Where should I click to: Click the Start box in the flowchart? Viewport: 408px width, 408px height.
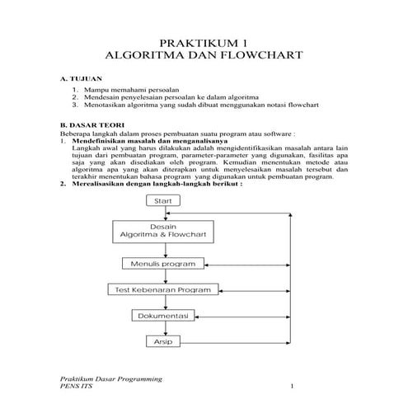coord(162,200)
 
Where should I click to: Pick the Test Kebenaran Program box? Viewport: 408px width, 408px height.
coord(162,290)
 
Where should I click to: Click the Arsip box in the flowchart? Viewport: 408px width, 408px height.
coord(162,341)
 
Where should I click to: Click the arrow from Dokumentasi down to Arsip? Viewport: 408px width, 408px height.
coord(162,329)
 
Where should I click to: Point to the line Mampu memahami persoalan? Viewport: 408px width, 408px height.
coord(125,88)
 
